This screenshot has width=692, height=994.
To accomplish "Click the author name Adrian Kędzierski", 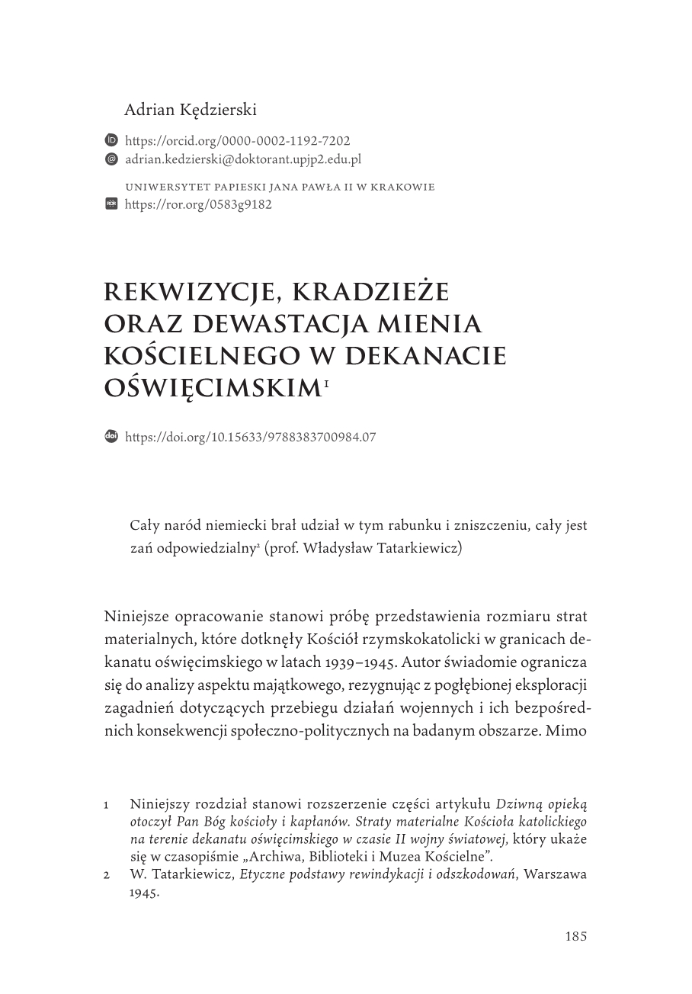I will click(191, 110).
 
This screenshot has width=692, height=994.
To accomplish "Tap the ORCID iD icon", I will click(111, 141).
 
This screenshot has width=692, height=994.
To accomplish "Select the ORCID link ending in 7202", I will click(237, 141).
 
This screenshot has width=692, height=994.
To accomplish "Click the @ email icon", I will click(111, 159).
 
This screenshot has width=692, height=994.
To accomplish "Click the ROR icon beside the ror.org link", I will click(111, 204).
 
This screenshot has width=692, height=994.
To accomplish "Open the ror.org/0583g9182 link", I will click(198, 204).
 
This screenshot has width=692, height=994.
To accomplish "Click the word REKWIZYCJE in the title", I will click(187, 293).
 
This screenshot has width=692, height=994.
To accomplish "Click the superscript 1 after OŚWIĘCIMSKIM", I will click(327, 383).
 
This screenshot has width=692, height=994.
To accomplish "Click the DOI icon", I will click(111, 437).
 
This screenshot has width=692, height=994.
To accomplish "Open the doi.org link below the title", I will click(250, 437).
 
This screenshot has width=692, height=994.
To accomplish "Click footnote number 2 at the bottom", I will click(107, 875).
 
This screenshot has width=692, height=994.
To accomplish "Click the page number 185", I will click(576, 937).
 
